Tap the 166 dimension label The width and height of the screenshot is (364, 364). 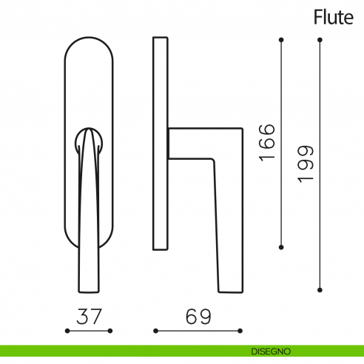pos(267,142)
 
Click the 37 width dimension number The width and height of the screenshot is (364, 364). pos(88,317)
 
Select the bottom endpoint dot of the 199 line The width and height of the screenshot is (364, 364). pos(319,289)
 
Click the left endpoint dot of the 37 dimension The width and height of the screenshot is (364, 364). pos(67,331)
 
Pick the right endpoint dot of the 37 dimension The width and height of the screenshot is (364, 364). pos(110,331)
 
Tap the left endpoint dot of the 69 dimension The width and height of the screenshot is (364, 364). pos(154,331)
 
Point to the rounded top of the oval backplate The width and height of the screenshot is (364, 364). pos(89,41)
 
